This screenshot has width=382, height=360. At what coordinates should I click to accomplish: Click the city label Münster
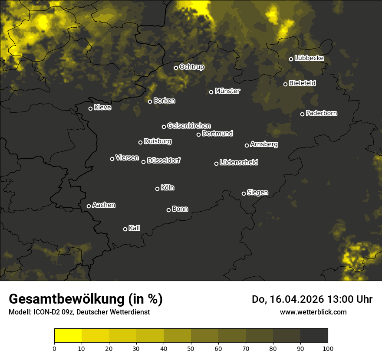(227, 91)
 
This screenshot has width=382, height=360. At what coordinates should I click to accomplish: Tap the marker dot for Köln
(157, 189)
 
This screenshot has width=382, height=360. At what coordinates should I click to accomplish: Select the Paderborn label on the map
(321, 113)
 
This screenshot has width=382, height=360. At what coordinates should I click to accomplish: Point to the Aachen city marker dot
(89, 206)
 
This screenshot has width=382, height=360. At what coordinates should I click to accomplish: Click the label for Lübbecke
(309, 58)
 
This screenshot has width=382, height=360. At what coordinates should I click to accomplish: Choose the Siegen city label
(257, 193)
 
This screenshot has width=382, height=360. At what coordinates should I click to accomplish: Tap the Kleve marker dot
(90, 108)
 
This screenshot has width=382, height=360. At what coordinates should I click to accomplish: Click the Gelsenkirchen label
(189, 126)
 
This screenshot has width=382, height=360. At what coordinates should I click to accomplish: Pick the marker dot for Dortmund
(198, 134)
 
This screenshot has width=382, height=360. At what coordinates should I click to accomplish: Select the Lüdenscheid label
(239, 163)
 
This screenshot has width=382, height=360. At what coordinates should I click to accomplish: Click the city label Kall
(134, 228)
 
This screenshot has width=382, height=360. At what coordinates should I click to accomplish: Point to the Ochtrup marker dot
(176, 68)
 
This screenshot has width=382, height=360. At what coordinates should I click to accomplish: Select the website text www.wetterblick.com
(313, 312)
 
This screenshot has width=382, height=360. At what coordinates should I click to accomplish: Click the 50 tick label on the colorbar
(191, 348)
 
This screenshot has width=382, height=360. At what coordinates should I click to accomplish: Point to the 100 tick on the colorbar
(328, 348)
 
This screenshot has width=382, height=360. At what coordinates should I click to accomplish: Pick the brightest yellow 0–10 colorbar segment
(68, 336)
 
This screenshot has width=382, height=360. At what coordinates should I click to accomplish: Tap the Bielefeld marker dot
(285, 84)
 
